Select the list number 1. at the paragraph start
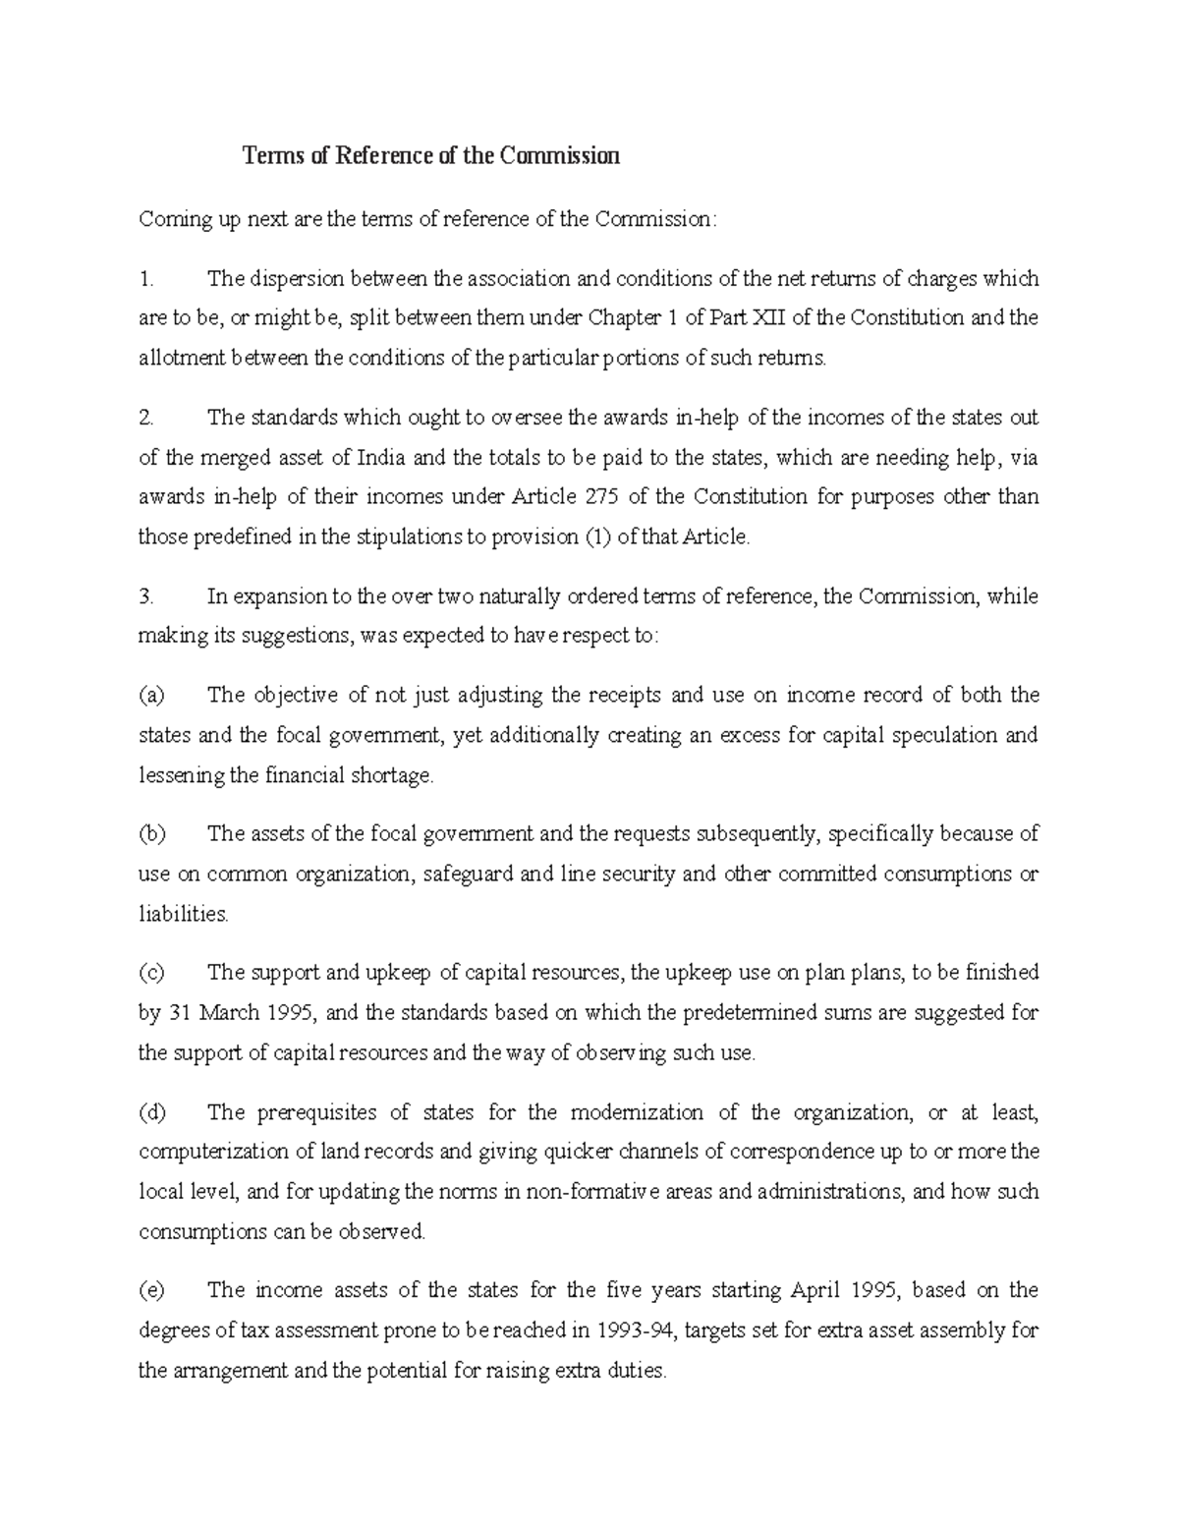click(x=146, y=279)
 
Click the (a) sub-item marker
click(x=151, y=696)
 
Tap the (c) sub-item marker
click(x=151, y=973)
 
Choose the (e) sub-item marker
click(x=151, y=1290)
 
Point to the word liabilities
click(x=183, y=914)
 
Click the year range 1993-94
click(x=636, y=1331)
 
